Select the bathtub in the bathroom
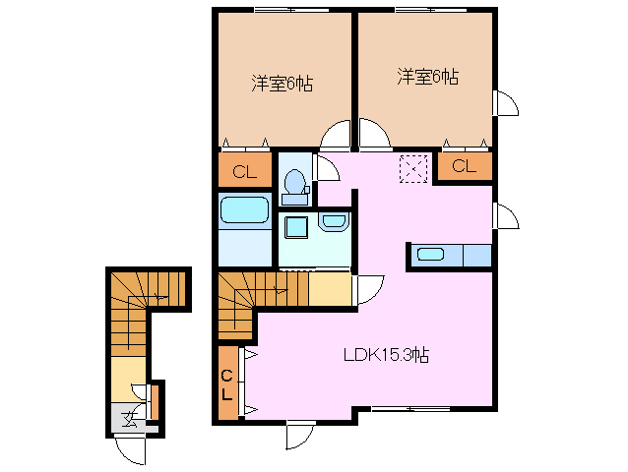[244, 210]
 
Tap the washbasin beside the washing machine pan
[333, 223]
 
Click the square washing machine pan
[295, 227]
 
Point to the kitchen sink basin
[430, 256]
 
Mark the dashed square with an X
[413, 168]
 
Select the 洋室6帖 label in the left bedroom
[282, 84]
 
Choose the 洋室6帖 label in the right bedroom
[428, 76]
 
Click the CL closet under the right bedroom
[464, 166]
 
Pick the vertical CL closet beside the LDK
[226, 384]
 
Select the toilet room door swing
[326, 167]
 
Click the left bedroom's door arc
[336, 136]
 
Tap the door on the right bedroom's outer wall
[503, 103]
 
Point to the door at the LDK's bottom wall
[300, 436]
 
